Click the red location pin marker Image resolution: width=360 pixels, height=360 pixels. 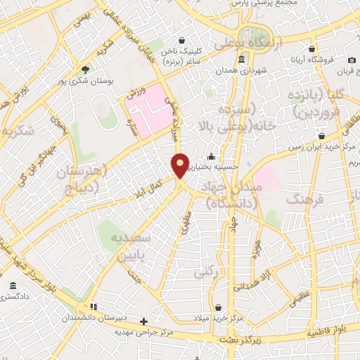coord(180,165)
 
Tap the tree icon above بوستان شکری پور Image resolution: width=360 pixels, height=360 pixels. coord(86,69)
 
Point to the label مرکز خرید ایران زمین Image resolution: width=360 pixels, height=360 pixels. coord(324,148)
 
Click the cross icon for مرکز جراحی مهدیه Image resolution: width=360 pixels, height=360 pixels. coord(144,321)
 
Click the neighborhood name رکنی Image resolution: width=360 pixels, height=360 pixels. coord(205,269)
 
